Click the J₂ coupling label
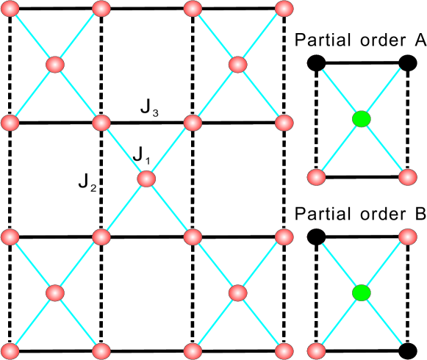pyautogui.click(x=88, y=180)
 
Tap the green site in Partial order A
pyautogui.click(x=360, y=119)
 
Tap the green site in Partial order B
pyautogui.click(x=360, y=293)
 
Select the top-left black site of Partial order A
pyautogui.click(x=316, y=63)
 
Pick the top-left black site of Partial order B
pyautogui.click(x=316, y=237)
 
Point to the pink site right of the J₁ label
pyautogui.click(x=146, y=179)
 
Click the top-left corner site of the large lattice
pyautogui.click(x=10, y=9)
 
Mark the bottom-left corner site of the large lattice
pyautogui.click(x=10, y=350)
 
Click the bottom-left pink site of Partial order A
pyautogui.click(x=316, y=177)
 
